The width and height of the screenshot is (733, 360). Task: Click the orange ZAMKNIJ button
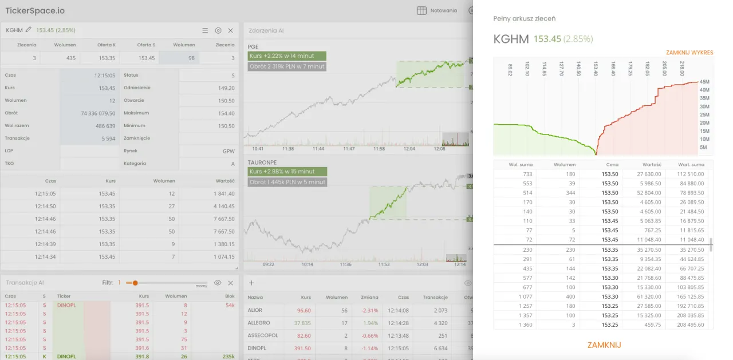[604, 345]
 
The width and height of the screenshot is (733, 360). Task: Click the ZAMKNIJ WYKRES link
[689, 53]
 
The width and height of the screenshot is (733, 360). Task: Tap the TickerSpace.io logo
[35, 11]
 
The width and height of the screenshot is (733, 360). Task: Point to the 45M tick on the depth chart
[705, 82]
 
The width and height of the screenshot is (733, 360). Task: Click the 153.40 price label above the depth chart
[596, 69]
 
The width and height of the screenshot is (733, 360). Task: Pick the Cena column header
[612, 165]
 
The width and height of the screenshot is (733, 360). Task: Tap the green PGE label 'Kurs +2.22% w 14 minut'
[287, 56]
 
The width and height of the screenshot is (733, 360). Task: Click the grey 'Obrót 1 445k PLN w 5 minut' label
[287, 182]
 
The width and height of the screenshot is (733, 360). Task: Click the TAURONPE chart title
[262, 162]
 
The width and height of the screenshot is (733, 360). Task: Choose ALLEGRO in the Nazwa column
[258, 323]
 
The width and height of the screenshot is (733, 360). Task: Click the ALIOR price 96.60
[304, 310]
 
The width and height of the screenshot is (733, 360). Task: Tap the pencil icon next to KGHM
[29, 30]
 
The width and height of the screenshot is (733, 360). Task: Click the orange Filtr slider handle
[136, 283]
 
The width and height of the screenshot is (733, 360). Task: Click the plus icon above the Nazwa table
[251, 283]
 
